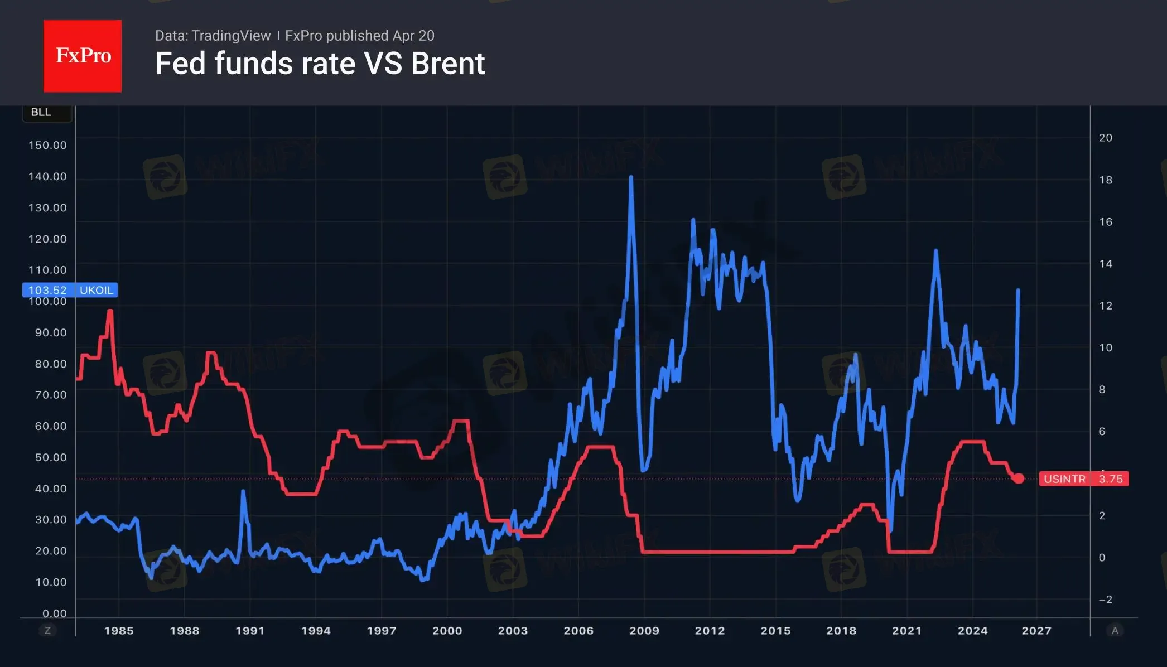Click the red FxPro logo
tap(83, 56)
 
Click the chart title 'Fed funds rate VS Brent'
tap(320, 64)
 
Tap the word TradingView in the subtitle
tap(230, 36)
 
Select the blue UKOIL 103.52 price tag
tap(70, 290)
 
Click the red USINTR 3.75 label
tap(1083, 479)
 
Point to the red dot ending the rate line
tap(1019, 478)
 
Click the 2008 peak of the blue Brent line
tap(631, 177)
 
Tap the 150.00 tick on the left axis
tap(47, 146)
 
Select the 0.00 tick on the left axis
tap(54, 613)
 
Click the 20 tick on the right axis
tap(1105, 138)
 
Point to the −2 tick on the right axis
tap(1105, 600)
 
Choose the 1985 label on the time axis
tap(119, 631)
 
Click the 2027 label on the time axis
tap(1036, 631)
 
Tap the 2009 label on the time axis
tap(644, 631)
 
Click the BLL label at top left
tap(41, 112)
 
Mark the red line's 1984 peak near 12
tap(110, 311)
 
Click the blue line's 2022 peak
tap(935, 251)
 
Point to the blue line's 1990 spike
tap(243, 491)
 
